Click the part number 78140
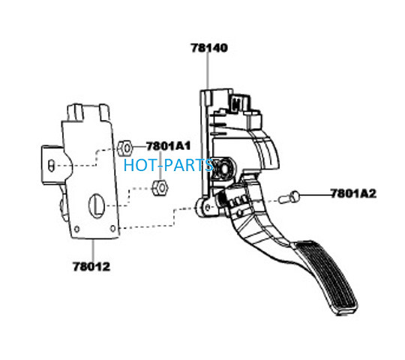pos(209,48)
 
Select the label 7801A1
pos(169,146)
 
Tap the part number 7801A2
pos(353,193)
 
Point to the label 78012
pos(91,266)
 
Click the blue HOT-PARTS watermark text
pos(169,165)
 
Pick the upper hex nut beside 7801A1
pos(124,148)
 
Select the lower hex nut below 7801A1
pos(160,188)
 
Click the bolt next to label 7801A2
pos(289,197)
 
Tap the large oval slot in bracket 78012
pos(97,205)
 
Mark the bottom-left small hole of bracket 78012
pos(76,229)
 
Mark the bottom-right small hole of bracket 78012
pos(112,228)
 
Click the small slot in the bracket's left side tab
pos(51,166)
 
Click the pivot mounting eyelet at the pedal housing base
pos(206,207)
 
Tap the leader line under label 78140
pos(208,71)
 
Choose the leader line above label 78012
pos(93,250)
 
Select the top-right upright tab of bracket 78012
pos(105,112)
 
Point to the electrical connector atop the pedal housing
pos(240,103)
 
